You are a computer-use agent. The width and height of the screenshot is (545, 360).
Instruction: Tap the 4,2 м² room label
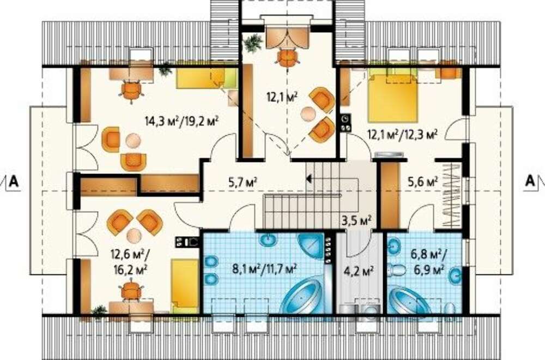(359, 270)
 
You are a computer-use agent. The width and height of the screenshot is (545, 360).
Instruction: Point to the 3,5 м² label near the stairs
(358, 220)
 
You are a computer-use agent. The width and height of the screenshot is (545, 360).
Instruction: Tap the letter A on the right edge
(530, 181)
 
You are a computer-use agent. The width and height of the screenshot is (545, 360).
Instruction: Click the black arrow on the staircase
(308, 179)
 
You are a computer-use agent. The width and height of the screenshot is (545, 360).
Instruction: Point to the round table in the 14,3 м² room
(133, 141)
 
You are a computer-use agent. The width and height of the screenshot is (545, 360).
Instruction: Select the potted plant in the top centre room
(253, 43)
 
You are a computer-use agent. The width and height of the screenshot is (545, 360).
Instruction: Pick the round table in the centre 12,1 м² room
(308, 114)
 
